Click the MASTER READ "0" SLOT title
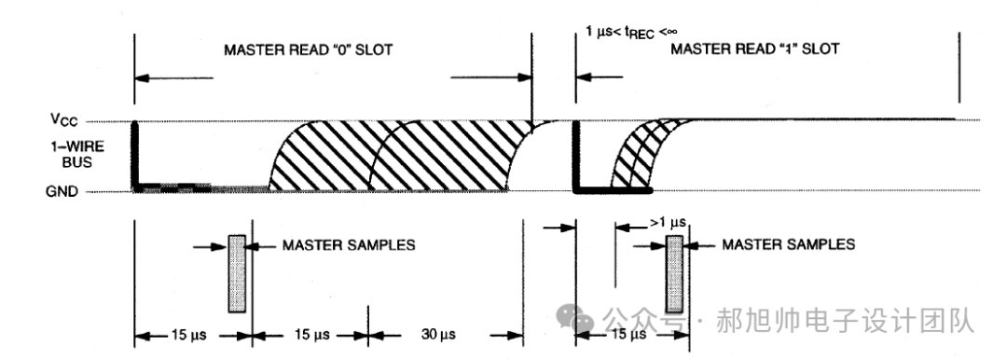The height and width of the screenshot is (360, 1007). point(308,50)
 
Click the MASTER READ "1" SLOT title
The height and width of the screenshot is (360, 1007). point(754,48)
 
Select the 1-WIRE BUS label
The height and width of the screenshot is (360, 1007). point(76,154)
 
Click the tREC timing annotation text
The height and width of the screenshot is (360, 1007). point(631,32)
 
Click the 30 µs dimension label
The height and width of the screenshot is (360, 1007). point(438,335)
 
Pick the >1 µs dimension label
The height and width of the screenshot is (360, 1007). point(668,223)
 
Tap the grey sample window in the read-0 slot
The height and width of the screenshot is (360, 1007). point(236,274)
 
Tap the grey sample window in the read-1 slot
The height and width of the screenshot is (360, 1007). point(674,274)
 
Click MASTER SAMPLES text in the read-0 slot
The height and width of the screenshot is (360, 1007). point(348,245)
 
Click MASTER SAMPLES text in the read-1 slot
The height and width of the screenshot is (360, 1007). point(788,244)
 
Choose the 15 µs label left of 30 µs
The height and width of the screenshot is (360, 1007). point(310,335)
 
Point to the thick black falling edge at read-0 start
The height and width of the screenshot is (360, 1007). point(135,155)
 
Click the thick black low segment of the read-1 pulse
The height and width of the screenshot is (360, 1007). point(614,190)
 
